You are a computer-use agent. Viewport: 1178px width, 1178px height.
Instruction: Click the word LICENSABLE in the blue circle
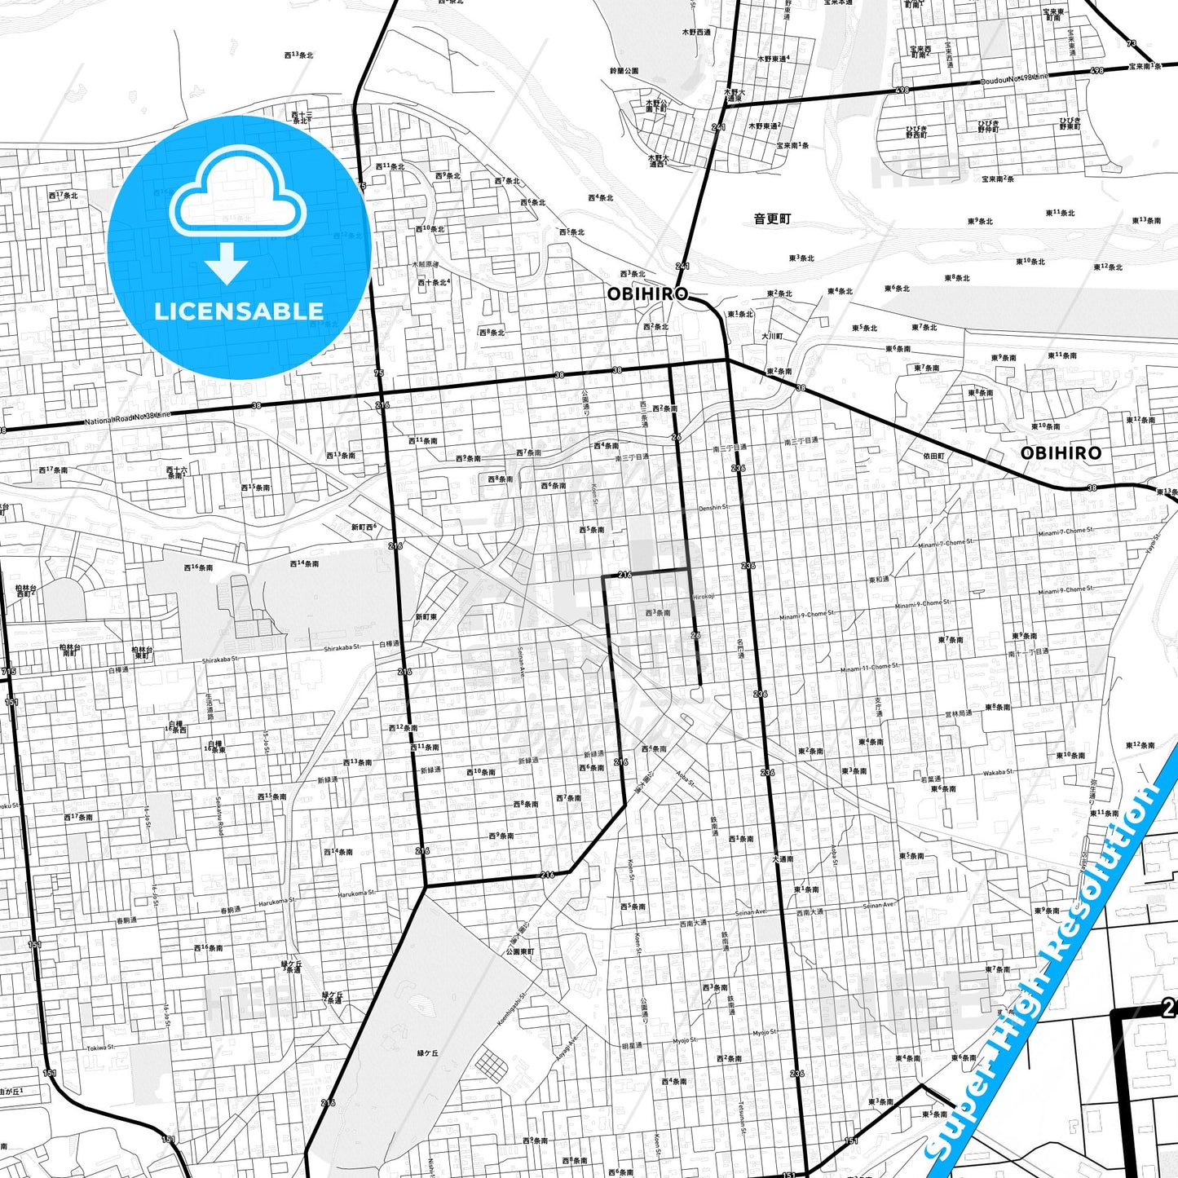[239, 311]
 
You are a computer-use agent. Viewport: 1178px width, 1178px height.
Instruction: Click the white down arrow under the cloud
[227, 263]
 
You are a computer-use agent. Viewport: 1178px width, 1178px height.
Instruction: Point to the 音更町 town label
[771, 219]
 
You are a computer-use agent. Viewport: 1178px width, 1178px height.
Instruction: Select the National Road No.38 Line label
[129, 419]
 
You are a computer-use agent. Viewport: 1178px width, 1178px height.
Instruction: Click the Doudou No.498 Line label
[1014, 78]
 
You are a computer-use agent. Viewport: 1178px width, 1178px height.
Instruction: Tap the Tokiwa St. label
[102, 1047]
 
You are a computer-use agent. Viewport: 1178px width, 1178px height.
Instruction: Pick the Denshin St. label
[713, 508]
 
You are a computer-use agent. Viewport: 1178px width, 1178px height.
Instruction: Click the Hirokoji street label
[704, 596]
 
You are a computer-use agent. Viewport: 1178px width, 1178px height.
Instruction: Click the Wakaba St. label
[998, 772]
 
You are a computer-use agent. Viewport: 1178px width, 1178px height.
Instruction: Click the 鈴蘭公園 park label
[624, 72]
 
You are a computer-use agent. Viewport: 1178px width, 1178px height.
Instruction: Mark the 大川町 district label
[772, 336]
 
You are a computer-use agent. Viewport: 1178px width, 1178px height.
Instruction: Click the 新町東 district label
[426, 617]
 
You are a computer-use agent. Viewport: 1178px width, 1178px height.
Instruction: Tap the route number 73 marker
[1130, 43]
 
